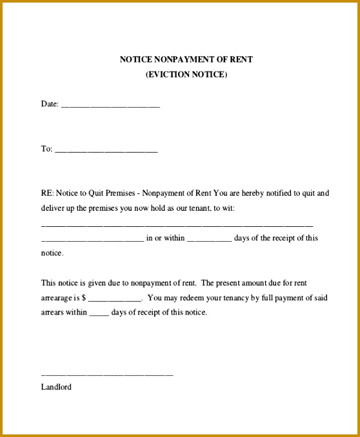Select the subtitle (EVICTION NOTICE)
pyautogui.click(x=186, y=74)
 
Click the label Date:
pyautogui.click(x=50, y=104)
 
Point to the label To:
pyautogui.click(x=46, y=149)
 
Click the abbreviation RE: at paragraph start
pyautogui.click(x=47, y=193)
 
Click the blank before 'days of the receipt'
pyautogui.click(x=208, y=239)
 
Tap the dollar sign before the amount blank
pyautogui.click(x=84, y=298)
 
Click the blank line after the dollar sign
pyautogui.click(x=114, y=300)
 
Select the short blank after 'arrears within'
pyautogui.click(x=99, y=314)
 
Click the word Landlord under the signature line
pyautogui.click(x=56, y=387)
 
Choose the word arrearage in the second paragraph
pyautogui.click(x=56, y=298)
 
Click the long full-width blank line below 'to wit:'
pyautogui.click(x=177, y=226)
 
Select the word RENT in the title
pyautogui.click(x=241, y=59)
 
